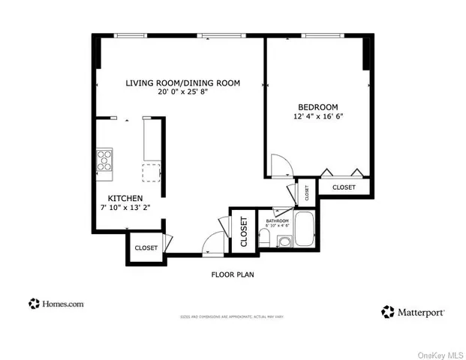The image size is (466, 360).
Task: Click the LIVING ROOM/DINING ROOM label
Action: [x=183, y=82]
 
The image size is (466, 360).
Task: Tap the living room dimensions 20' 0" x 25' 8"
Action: [x=183, y=92]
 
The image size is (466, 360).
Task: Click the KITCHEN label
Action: [x=119, y=198]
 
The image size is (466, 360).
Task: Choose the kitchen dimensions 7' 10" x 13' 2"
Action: [x=119, y=208]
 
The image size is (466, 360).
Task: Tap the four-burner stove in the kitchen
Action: [x=104, y=160]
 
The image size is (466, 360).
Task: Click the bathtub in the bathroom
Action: [x=304, y=228]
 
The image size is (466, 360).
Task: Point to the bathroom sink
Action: [x=284, y=241]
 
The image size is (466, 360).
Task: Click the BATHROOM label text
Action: [x=276, y=220]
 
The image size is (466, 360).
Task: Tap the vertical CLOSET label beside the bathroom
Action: [x=244, y=232]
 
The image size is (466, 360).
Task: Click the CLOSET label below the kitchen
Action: [x=146, y=248]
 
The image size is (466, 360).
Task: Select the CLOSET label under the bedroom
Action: [x=344, y=187]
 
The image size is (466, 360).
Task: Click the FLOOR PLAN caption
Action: [x=232, y=274]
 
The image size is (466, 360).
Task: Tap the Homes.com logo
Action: [x=56, y=304]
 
